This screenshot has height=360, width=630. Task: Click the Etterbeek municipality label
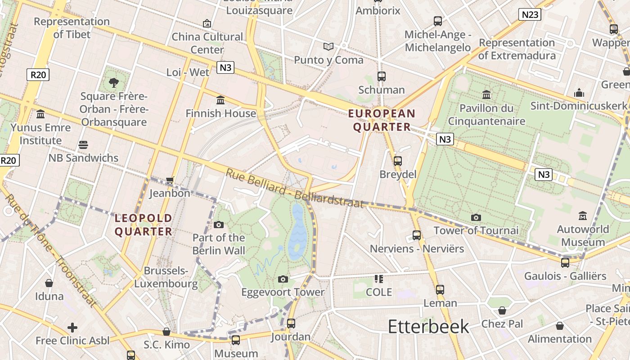(x=428, y=326)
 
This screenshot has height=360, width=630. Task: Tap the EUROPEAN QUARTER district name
(x=382, y=120)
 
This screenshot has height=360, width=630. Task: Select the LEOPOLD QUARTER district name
(x=144, y=225)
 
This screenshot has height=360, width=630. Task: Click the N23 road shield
(x=529, y=14)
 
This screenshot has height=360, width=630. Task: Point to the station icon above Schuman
(x=382, y=76)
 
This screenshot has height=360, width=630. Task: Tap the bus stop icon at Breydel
(x=397, y=161)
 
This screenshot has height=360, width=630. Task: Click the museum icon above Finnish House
(x=220, y=100)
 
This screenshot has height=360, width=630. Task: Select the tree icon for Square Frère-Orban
(x=114, y=82)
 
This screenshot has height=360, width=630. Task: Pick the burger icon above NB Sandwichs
(x=83, y=145)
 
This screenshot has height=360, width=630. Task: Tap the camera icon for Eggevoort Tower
(x=283, y=279)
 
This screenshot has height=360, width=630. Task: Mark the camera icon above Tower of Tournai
(x=476, y=218)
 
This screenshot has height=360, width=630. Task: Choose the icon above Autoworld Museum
(x=583, y=216)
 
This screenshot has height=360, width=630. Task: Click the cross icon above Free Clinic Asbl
(x=72, y=327)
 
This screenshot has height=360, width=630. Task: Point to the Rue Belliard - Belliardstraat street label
(x=294, y=189)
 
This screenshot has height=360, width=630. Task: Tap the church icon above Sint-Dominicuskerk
(x=579, y=93)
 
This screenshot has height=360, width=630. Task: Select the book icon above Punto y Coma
(x=329, y=46)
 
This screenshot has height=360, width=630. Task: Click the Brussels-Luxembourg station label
(x=166, y=277)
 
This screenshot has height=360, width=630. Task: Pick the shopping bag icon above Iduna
(x=49, y=283)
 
